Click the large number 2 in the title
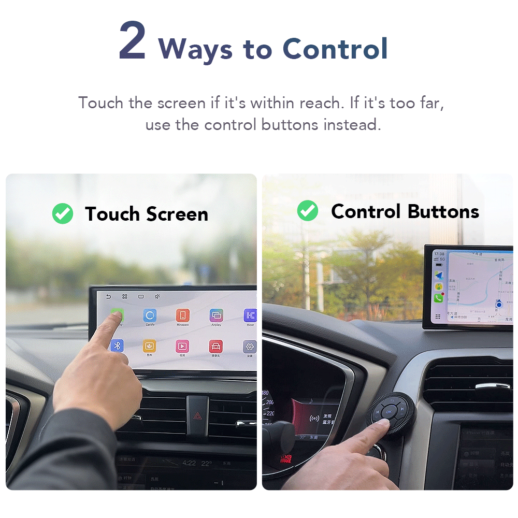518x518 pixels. click(132, 42)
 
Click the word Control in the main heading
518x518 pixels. click(335, 49)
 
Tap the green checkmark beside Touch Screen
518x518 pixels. click(63, 213)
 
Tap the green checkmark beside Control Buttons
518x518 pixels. click(307, 211)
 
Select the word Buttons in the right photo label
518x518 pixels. click(443, 211)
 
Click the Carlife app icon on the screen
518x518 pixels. click(150, 315)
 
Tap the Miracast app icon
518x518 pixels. click(182, 315)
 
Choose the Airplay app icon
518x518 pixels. click(216, 315)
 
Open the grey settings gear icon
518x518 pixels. click(250, 347)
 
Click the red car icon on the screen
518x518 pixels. click(215, 346)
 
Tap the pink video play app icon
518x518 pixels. click(182, 346)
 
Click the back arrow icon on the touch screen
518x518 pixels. click(108, 297)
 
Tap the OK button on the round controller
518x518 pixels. click(388, 412)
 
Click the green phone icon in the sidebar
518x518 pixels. click(438, 298)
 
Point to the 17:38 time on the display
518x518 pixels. click(439, 254)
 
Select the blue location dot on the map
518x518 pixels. click(498, 305)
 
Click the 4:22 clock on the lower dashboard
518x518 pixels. click(189, 463)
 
